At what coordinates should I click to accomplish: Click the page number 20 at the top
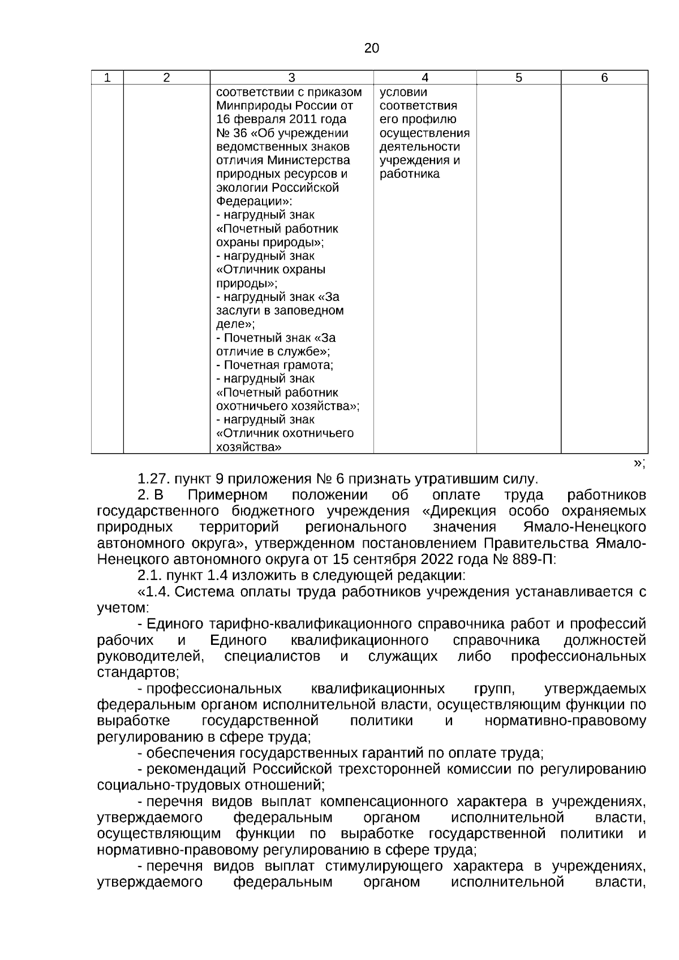(371, 48)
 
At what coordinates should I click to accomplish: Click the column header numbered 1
(108, 78)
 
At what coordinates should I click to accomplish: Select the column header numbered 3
(291, 78)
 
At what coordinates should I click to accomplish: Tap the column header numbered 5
(518, 78)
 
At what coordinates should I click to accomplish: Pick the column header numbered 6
(604, 78)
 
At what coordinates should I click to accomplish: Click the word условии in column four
(403, 92)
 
